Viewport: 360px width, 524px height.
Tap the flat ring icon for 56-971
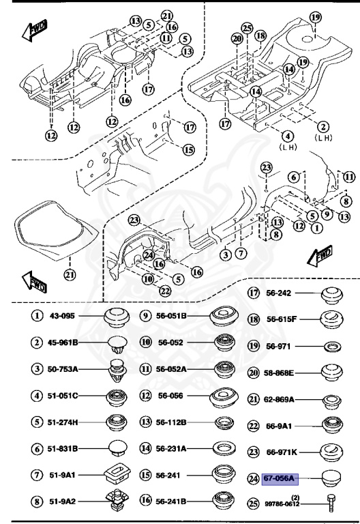[x=332, y=346]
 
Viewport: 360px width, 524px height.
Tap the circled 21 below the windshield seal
[x=68, y=275]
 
